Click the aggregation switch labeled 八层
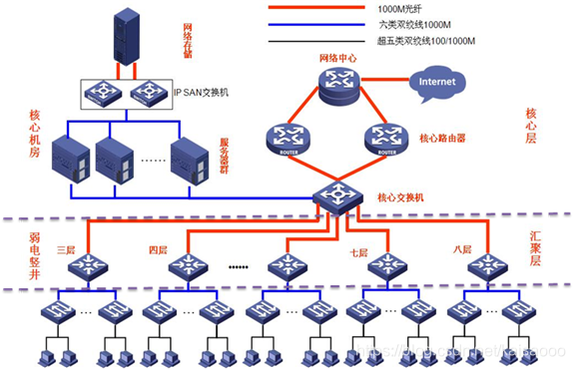click(487, 266)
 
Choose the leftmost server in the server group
click(74, 157)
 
